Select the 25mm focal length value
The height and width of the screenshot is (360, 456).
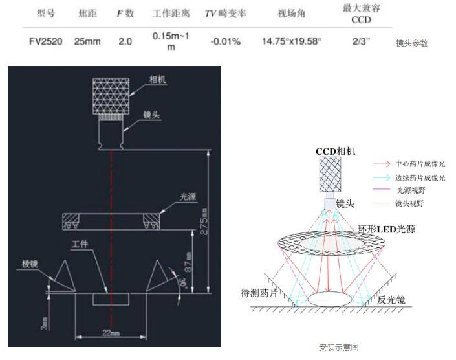click(x=87, y=42)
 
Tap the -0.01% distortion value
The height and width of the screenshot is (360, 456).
click(x=225, y=42)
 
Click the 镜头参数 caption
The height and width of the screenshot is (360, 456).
click(x=412, y=44)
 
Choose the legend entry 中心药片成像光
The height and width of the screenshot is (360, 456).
click(x=420, y=164)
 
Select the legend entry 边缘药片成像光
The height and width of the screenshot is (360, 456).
click(x=420, y=178)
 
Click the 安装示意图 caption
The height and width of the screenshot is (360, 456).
click(x=338, y=348)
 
